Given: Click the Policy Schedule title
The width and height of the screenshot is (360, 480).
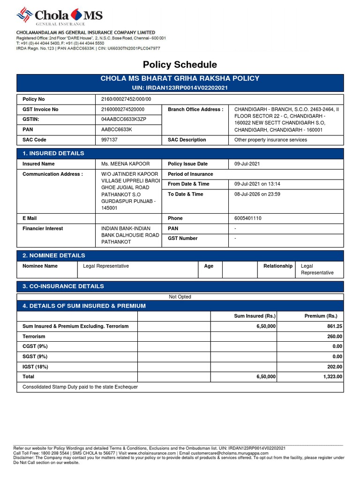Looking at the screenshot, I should pos(180,65).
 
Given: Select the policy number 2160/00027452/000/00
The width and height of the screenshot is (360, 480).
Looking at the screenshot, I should pos(126,99).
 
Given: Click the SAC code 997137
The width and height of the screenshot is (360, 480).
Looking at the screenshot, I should pos(110,140).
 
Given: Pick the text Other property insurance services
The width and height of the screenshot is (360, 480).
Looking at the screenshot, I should pos(270,140).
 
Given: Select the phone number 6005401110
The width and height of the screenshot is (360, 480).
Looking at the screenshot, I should pos(248,218).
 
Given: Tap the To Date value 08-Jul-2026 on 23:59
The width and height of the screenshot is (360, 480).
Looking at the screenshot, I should pos(257,194).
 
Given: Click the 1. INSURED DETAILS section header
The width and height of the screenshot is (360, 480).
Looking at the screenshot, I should pos(53,153).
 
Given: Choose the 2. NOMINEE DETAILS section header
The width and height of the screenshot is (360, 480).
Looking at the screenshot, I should pos(54,255).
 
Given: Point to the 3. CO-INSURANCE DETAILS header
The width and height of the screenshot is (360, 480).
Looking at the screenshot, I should pos(63,286).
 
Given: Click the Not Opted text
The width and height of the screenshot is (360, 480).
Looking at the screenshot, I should pos(180,297).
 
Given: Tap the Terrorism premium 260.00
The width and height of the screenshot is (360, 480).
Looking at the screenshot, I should pos(334,337).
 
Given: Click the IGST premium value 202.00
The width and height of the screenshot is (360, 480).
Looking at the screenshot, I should pos(334,367).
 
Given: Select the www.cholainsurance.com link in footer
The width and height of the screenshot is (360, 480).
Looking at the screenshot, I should pos(152,453).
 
